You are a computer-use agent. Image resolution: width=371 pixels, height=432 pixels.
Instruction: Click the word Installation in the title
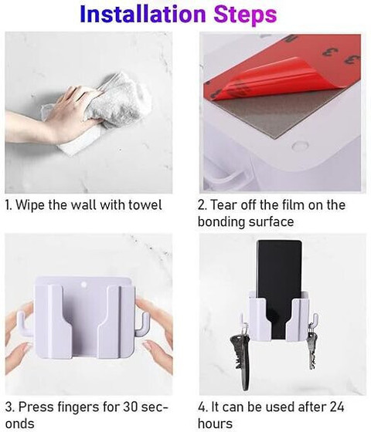143,14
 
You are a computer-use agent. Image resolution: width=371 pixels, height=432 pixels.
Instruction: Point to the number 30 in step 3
131,407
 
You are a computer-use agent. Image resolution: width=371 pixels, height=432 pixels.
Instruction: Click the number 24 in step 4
336,407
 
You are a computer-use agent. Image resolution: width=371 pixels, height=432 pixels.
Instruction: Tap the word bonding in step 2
221,222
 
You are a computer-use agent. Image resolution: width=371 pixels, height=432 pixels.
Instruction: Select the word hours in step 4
215,424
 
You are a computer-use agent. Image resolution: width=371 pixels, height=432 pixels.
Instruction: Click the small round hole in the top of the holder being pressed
84,285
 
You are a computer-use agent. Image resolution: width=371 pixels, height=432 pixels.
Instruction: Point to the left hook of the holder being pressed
24,325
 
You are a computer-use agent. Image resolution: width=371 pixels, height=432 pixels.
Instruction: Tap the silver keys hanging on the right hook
312,349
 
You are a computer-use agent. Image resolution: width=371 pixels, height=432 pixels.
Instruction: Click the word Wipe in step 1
30,205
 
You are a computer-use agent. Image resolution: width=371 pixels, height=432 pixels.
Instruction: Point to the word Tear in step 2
223,205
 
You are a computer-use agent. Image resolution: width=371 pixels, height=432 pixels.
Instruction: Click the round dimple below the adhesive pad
300,146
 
